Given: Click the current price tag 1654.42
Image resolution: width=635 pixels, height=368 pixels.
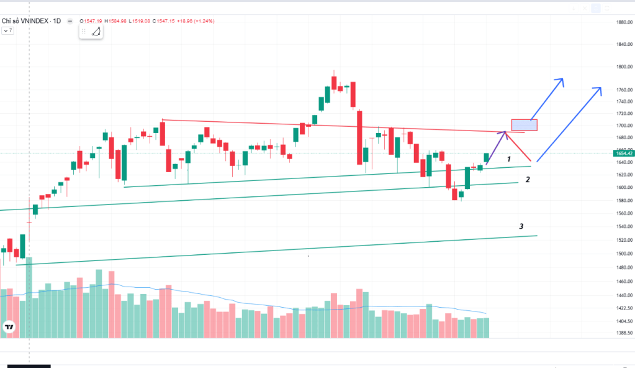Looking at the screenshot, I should point(623,153).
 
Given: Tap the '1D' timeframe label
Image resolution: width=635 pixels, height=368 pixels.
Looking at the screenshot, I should point(56,21).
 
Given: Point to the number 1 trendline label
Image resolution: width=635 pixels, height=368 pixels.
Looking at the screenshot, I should point(509,159).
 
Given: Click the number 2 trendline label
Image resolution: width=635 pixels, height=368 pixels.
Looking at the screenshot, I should point(528,180).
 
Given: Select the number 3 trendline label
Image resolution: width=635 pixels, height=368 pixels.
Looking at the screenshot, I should point(521,226).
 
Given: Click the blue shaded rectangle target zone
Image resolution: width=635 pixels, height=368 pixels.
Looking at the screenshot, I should point(524,125).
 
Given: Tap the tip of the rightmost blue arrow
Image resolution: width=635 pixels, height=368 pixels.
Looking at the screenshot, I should point(600,88).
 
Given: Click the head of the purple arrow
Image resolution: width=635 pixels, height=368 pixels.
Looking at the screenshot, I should point(504,132).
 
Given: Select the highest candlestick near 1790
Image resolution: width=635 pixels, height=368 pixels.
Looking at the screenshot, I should point(334,82).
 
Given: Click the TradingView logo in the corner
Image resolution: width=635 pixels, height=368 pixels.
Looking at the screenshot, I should point(9,326).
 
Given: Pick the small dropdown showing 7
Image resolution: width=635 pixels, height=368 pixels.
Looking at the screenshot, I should point(8,30).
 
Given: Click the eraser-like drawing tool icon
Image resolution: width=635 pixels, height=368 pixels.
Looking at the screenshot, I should point(96,32).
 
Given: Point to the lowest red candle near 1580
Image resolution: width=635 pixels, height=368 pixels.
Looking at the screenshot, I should point(455,195).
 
